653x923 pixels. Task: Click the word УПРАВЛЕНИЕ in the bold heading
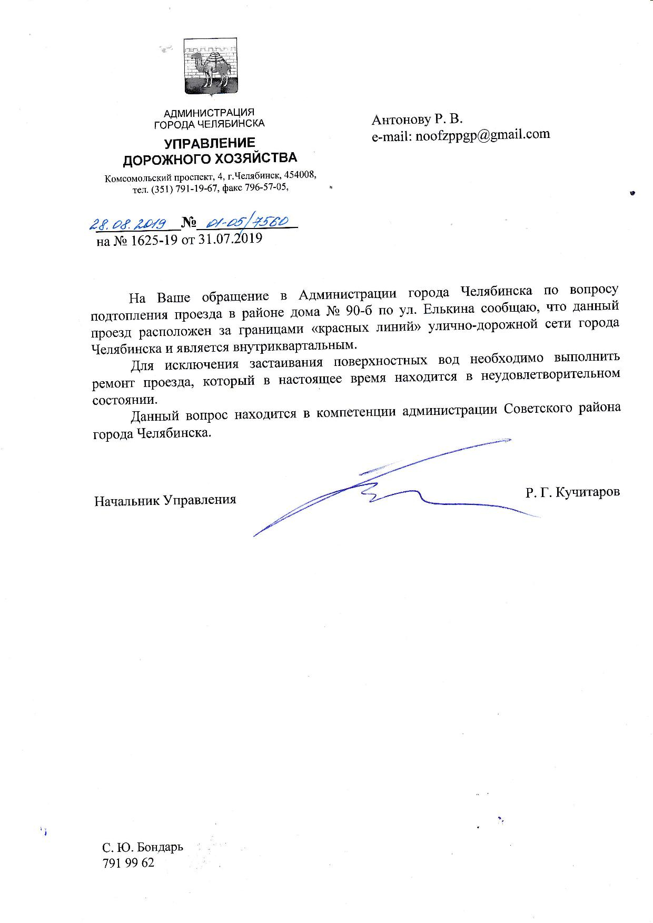pyautogui.click(x=210, y=143)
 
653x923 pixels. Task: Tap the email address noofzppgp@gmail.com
pyautogui.click(x=482, y=135)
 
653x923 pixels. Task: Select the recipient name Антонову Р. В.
pyautogui.click(x=417, y=120)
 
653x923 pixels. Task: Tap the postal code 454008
pyautogui.click(x=300, y=174)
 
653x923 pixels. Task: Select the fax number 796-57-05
pyautogui.click(x=268, y=188)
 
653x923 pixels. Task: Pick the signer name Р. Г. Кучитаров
pyautogui.click(x=572, y=492)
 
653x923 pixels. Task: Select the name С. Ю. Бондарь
pyautogui.click(x=143, y=847)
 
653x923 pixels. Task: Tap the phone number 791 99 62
pyautogui.click(x=128, y=863)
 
